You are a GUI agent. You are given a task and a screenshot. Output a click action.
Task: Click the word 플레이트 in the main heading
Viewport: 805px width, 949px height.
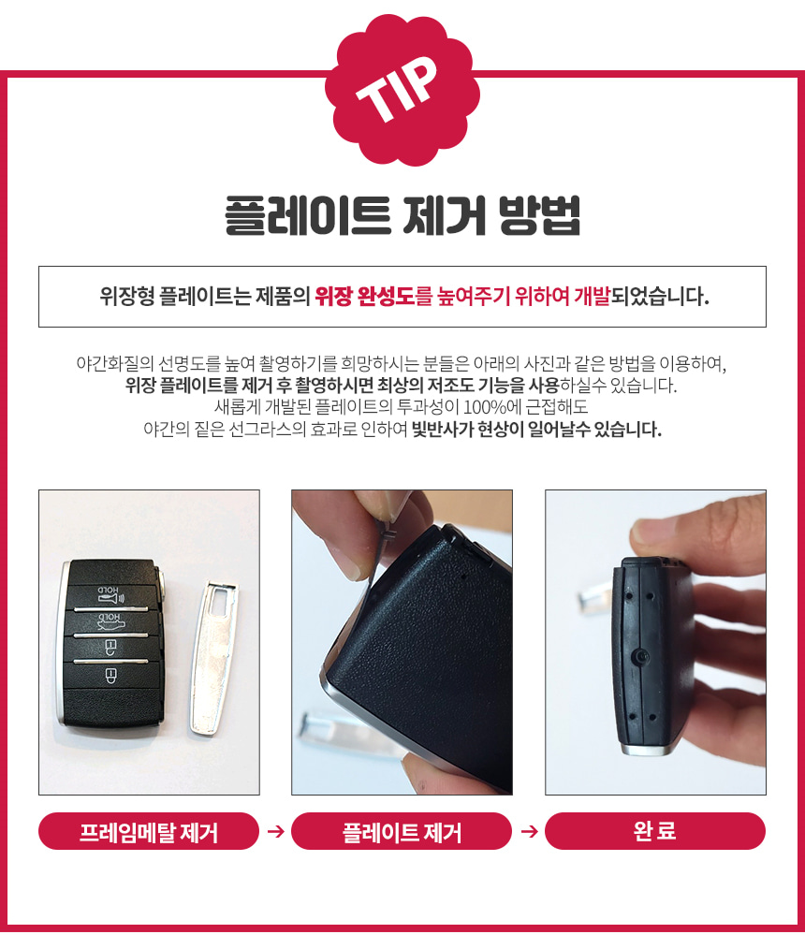point(307,216)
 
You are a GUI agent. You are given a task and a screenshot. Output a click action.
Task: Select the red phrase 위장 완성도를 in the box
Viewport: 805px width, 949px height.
point(373,297)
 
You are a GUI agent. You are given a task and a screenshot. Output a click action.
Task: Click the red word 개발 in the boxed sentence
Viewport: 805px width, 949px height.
point(592,297)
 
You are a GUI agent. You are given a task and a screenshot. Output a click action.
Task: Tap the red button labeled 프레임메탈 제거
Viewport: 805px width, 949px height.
point(149,831)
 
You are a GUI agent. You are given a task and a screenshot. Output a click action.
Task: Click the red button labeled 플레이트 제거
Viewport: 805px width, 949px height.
point(402,831)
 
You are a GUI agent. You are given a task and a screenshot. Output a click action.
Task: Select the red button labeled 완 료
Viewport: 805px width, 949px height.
point(655,831)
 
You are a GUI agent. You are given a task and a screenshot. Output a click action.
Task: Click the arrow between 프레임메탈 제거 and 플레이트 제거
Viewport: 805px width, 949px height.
point(275,831)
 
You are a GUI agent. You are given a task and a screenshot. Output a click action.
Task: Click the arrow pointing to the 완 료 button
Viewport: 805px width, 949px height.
point(529,831)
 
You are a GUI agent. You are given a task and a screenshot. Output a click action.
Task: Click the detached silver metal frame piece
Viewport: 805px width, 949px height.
point(215,658)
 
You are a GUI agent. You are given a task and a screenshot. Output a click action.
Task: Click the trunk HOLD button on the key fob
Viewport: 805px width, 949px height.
point(111,622)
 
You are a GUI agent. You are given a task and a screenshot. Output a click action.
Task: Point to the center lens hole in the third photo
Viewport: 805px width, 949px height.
point(642,656)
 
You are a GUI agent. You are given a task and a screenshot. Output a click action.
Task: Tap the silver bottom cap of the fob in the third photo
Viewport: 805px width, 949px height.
point(647,750)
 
